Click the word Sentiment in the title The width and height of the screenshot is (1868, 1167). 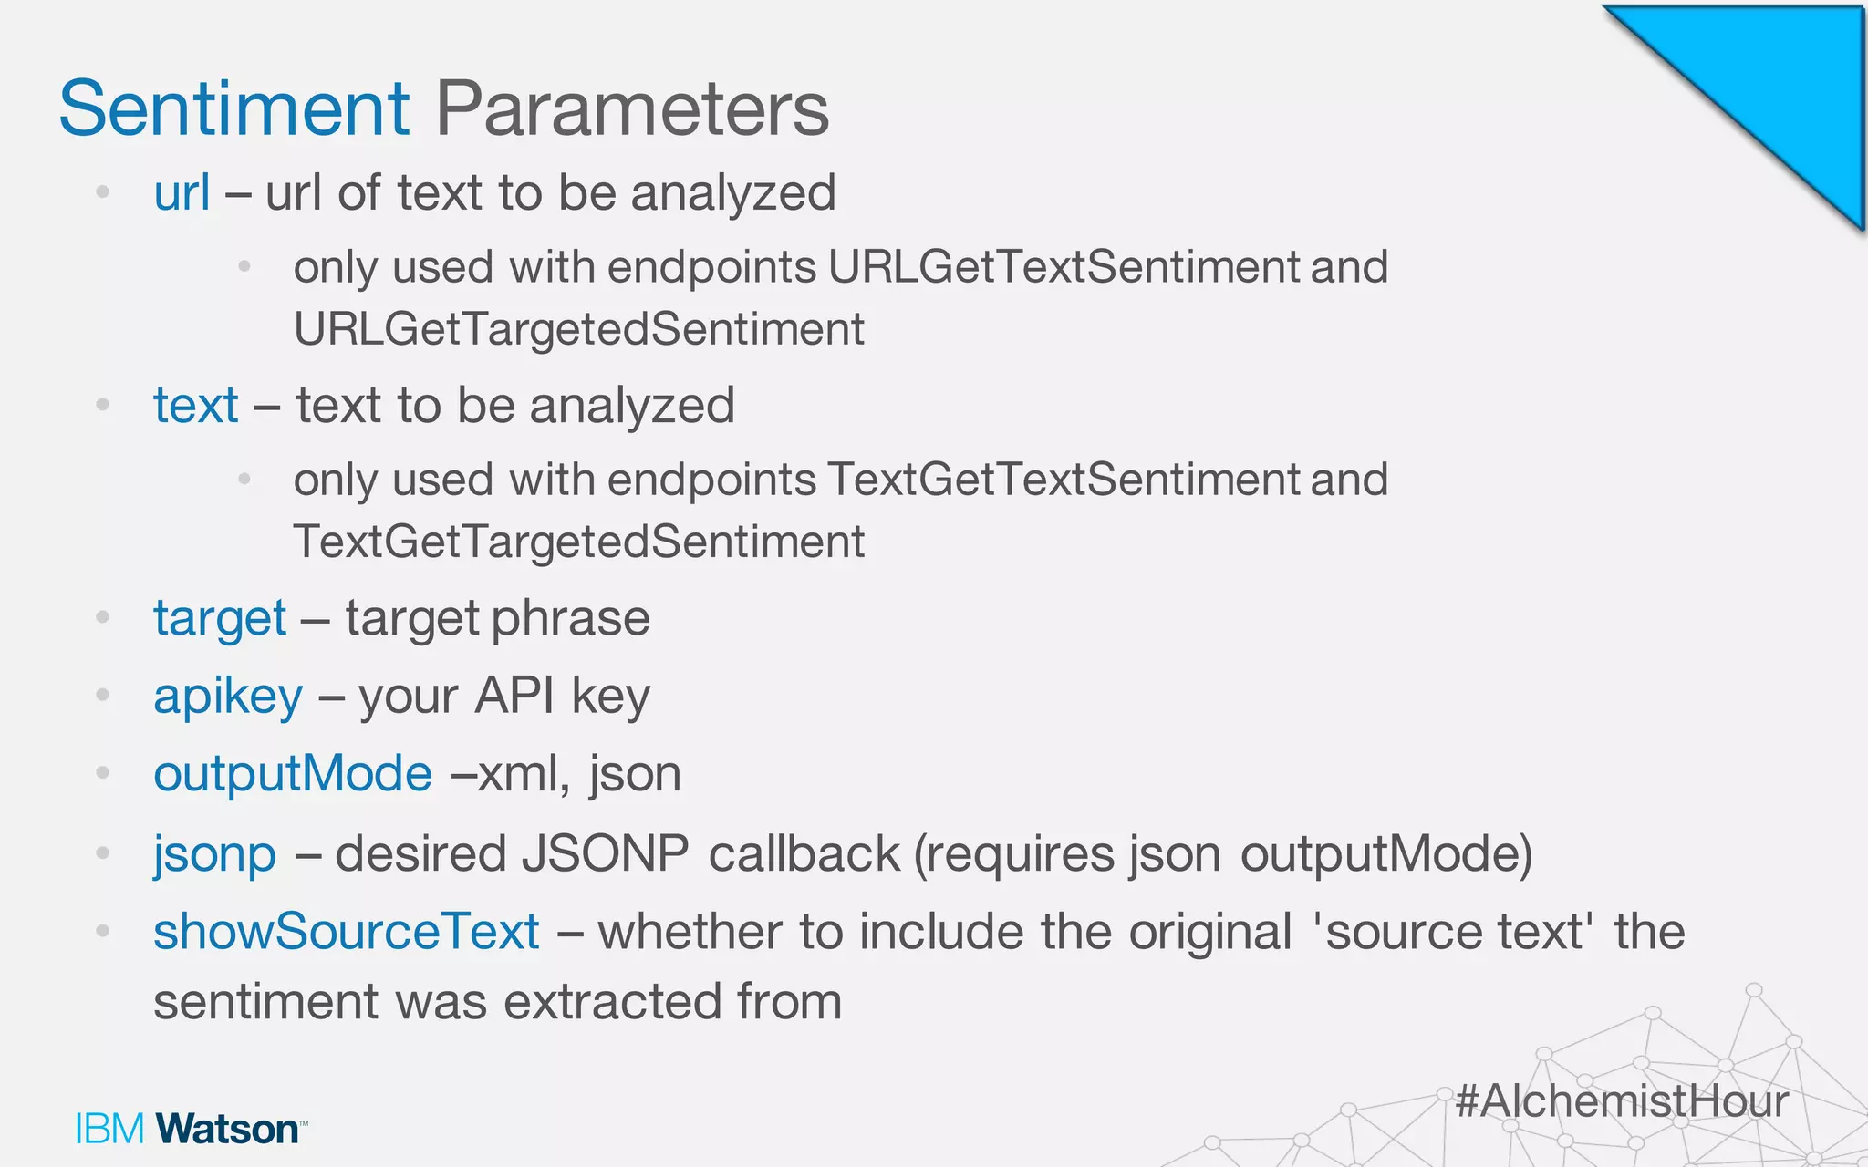click(234, 109)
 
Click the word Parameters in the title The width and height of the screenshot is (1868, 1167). click(632, 109)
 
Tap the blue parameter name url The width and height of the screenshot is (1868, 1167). click(182, 193)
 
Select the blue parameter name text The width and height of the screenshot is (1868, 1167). click(195, 406)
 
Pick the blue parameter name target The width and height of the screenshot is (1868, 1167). click(220, 619)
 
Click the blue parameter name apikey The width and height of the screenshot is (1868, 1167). click(228, 697)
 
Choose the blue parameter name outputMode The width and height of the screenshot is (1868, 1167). click(292, 774)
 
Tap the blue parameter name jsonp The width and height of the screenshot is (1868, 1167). click(214, 855)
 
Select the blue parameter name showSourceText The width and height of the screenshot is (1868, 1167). click(346, 932)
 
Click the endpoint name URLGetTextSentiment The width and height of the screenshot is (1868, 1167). click(1064, 267)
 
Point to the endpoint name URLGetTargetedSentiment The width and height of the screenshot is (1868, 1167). click(578, 329)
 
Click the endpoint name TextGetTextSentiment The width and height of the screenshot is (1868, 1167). click(1064, 480)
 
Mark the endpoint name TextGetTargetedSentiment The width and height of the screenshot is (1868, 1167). click(578, 542)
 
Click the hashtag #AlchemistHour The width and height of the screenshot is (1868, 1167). click(1621, 1100)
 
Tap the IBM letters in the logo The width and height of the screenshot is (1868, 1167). click(109, 1130)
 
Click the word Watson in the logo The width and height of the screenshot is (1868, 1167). click(227, 1130)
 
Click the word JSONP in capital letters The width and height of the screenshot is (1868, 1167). click(605, 855)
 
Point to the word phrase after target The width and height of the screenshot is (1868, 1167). click(570, 619)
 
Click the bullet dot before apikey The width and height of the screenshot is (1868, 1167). click(103, 696)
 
